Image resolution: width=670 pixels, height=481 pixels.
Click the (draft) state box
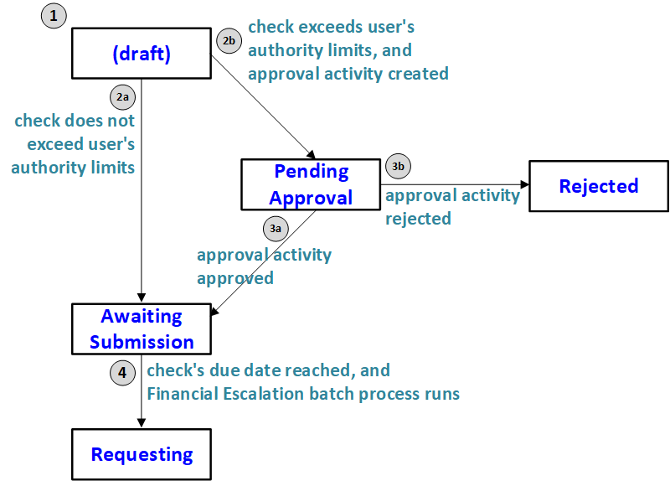click(141, 54)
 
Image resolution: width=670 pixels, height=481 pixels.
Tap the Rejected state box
click(598, 185)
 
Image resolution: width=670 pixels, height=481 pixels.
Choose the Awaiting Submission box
click(141, 328)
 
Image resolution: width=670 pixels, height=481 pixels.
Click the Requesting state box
click(141, 454)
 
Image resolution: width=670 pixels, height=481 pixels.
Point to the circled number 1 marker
click(53, 17)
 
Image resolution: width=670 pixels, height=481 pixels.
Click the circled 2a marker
click(123, 96)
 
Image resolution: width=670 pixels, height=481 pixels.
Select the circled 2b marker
click(229, 39)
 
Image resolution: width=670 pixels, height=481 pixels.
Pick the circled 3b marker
click(399, 166)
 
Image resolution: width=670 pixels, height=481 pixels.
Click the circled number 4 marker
click(123, 372)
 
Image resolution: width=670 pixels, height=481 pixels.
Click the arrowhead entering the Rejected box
click(523, 185)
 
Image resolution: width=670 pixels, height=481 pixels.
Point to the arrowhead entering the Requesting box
click(141, 424)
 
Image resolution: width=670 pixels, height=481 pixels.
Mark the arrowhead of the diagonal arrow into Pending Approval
click(311, 155)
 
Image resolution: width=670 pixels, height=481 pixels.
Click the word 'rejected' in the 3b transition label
click(418, 219)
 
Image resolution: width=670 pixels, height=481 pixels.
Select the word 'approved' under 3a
click(234, 278)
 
